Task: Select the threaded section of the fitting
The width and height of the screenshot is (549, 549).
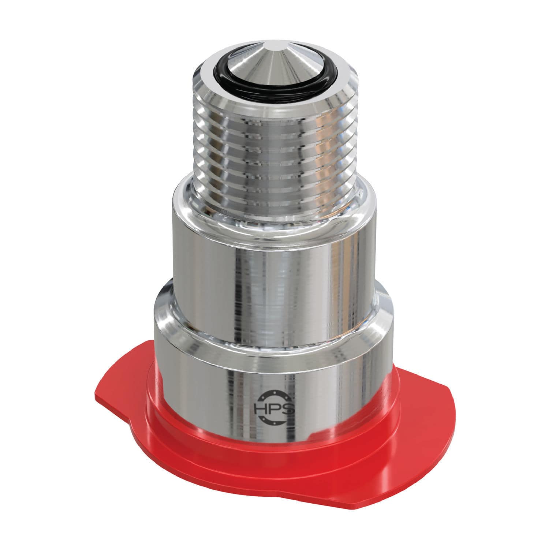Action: click(274, 146)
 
